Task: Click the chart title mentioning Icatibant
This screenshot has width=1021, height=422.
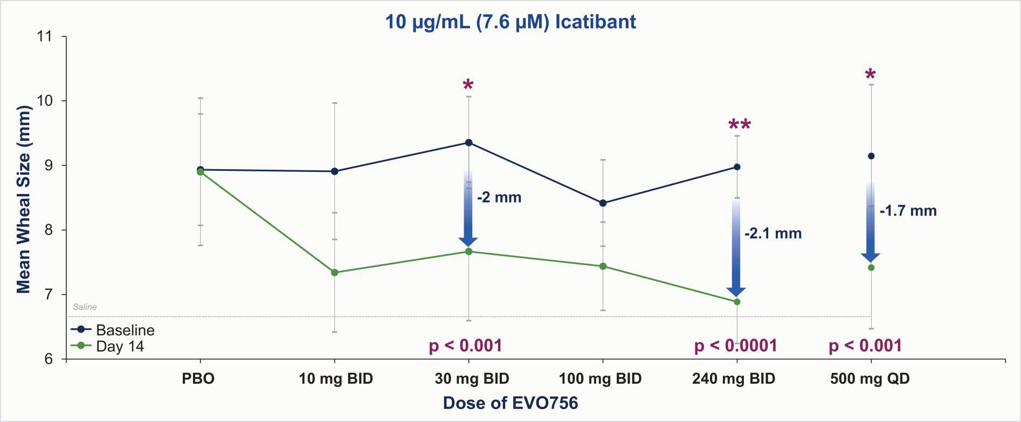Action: pyautogui.click(x=510, y=22)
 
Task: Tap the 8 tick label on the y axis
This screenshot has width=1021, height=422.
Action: pyautogui.click(x=48, y=230)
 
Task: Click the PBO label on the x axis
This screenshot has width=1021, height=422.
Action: pyautogui.click(x=198, y=378)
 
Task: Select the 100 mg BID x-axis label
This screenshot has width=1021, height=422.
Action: pyautogui.click(x=600, y=378)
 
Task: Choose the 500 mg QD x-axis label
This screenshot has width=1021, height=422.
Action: pyautogui.click(x=870, y=378)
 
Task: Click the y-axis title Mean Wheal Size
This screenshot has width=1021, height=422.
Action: pyautogui.click(x=24, y=199)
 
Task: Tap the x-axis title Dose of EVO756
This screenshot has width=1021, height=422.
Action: pyautogui.click(x=510, y=403)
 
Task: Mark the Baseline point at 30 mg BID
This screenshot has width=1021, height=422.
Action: pyautogui.click(x=469, y=143)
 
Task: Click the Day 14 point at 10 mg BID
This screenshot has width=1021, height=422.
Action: pyautogui.click(x=335, y=273)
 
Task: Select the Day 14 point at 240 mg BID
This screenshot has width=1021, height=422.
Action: pyautogui.click(x=737, y=302)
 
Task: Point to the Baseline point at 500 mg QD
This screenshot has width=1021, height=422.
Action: pyautogui.click(x=871, y=156)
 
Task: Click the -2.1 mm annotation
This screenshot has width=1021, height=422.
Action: pyautogui.click(x=772, y=233)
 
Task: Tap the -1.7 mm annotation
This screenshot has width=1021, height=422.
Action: pyautogui.click(x=908, y=211)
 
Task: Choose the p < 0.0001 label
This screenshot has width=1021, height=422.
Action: pyautogui.click(x=735, y=345)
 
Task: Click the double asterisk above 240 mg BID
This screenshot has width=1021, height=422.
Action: pyautogui.click(x=739, y=126)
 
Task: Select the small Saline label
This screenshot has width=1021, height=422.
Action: pyautogui.click(x=85, y=307)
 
